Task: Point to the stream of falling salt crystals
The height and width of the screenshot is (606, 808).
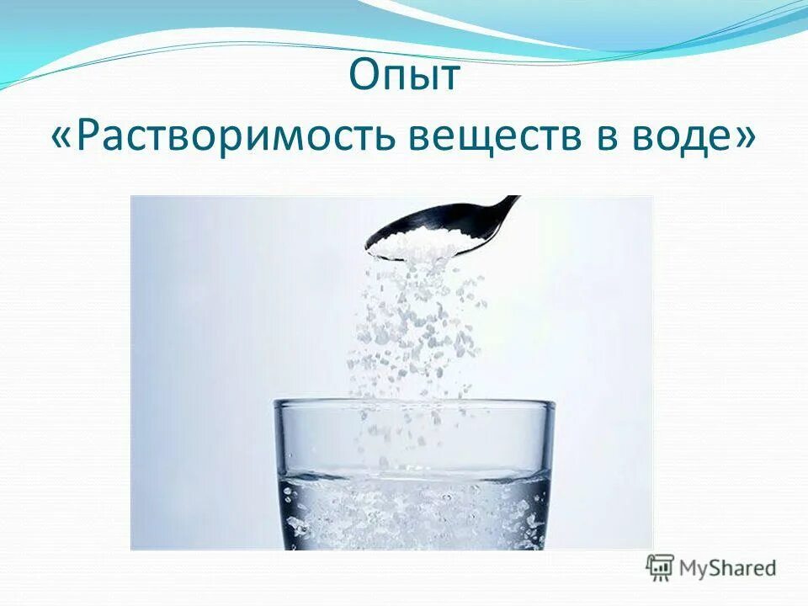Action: [412, 328]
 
